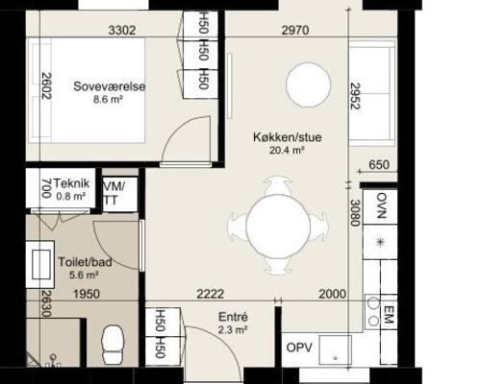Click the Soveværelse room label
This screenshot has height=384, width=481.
pos(109,86)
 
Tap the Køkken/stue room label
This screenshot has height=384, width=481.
pos(288,137)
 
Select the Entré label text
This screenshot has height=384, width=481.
pos(233,317)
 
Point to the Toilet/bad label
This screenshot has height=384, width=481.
pos(85,262)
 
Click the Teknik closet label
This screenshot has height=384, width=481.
pos(71,183)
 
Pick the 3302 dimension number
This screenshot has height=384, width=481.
pos(122,31)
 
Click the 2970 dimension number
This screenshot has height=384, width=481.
pos(295,31)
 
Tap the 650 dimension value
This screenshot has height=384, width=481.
pos(379,165)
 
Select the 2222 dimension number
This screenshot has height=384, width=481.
pos(211,294)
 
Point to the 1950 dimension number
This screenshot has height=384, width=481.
pos(87,294)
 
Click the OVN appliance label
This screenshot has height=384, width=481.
pos(381,205)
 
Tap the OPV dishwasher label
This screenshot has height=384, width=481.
pos(299,348)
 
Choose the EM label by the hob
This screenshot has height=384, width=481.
pos(389,315)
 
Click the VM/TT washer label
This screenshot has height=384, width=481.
pos(114,193)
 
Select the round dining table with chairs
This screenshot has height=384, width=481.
pos(278,226)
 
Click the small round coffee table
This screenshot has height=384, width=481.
pos(308,84)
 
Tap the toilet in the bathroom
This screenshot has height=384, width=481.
pos(113,344)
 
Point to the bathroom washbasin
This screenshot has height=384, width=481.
pos(40,265)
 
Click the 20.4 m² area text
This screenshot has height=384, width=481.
pos(287,150)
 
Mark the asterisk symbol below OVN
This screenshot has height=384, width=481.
pos(381,243)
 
